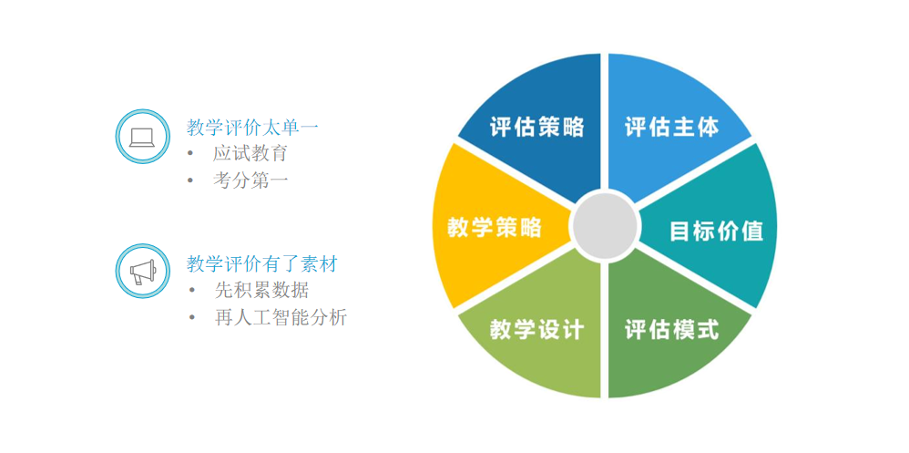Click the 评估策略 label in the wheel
click(536, 127)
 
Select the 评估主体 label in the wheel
click(672, 127)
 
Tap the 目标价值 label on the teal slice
click(717, 231)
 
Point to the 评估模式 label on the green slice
click(672, 329)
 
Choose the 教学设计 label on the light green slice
click(536, 329)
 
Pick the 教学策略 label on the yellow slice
click(495, 227)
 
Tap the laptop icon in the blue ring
click(142, 137)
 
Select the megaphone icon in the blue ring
click(142, 272)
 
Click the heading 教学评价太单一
click(252, 127)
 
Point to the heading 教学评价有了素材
click(261, 264)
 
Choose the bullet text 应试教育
click(250, 154)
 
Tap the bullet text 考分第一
click(250, 180)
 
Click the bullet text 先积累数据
click(260, 290)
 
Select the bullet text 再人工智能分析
click(281, 318)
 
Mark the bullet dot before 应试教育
click(190, 154)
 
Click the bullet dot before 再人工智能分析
click(190, 318)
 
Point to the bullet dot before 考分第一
click(190, 181)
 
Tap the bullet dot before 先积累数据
click(190, 291)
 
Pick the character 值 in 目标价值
click(752, 231)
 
